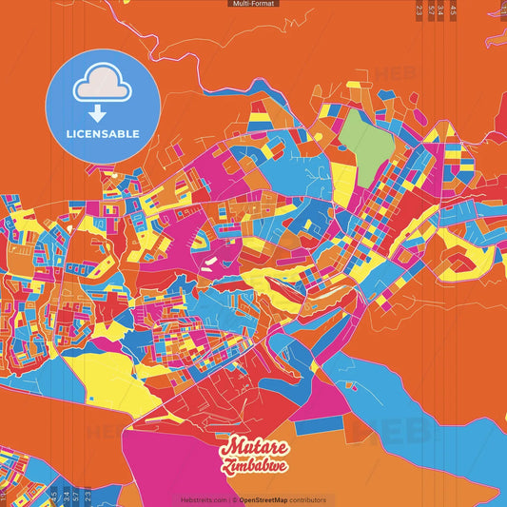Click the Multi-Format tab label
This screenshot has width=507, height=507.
tap(253, 4)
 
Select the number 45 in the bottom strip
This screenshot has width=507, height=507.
tap(53, 496)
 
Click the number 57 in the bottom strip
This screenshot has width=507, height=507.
tap(75, 496)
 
